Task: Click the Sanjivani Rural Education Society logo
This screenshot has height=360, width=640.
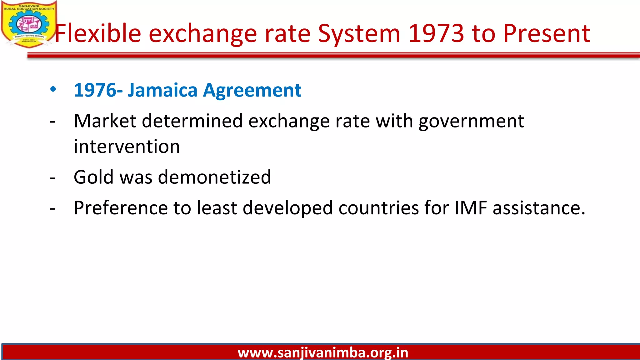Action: click(x=29, y=24)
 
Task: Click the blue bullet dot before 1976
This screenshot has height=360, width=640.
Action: click(x=53, y=89)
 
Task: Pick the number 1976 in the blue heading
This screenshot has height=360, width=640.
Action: click(x=95, y=90)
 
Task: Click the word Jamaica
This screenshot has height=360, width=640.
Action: click(x=162, y=90)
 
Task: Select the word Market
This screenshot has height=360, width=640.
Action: click(x=105, y=121)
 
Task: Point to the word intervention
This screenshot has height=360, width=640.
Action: click(x=127, y=147)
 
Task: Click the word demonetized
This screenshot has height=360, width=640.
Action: click(x=214, y=177)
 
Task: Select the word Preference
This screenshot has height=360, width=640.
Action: click(x=121, y=208)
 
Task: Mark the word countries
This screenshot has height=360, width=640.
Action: click(x=378, y=208)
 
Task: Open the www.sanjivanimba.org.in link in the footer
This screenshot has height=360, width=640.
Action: click(x=323, y=353)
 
